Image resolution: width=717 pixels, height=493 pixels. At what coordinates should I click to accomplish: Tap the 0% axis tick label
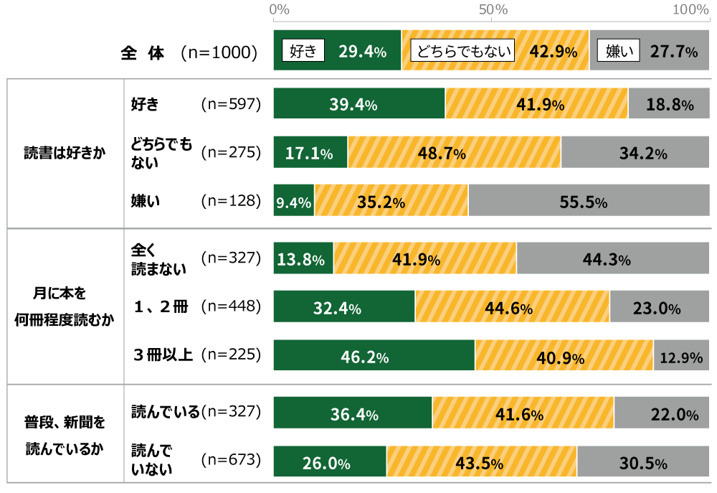[x=279, y=10]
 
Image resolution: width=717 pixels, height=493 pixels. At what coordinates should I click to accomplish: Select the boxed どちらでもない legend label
[x=462, y=51]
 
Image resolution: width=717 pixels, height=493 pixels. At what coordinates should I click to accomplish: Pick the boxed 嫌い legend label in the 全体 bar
[x=619, y=51]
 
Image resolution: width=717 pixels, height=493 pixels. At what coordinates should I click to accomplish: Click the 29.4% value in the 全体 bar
[x=362, y=52]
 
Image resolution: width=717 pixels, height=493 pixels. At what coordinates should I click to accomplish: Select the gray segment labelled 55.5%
[x=589, y=201]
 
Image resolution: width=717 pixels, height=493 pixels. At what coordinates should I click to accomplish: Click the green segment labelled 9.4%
[x=294, y=201]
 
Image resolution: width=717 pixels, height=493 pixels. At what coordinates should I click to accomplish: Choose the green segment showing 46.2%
[x=374, y=355]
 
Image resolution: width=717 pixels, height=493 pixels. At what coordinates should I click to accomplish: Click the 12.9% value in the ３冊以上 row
[x=681, y=357]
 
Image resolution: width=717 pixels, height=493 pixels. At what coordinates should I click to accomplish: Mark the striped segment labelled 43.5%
[x=482, y=462]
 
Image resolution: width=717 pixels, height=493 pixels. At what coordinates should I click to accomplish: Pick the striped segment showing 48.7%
[x=454, y=153]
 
